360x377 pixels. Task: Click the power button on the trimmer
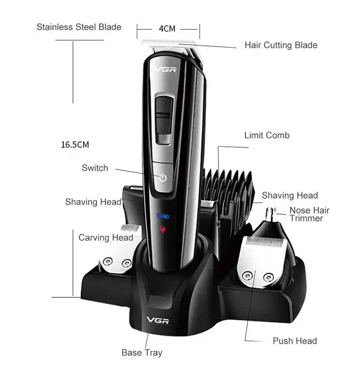tap(162, 177)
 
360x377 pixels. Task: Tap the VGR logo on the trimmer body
tap(164, 69)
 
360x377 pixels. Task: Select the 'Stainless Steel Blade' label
tap(79, 27)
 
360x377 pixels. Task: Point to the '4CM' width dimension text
tap(167, 29)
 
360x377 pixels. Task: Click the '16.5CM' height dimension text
tap(75, 145)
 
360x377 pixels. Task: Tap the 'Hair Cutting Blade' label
tap(281, 45)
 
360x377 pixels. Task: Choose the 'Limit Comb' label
tap(267, 135)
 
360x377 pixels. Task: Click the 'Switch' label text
tap(95, 168)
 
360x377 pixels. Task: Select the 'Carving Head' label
tap(106, 237)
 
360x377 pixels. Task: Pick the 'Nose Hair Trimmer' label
tap(309, 214)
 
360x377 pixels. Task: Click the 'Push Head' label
tap(295, 341)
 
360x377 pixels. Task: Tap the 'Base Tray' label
tap(142, 353)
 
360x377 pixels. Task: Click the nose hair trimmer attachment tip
tap(271, 212)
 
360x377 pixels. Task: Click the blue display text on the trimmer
tap(162, 217)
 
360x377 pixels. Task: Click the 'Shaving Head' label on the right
tap(290, 195)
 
